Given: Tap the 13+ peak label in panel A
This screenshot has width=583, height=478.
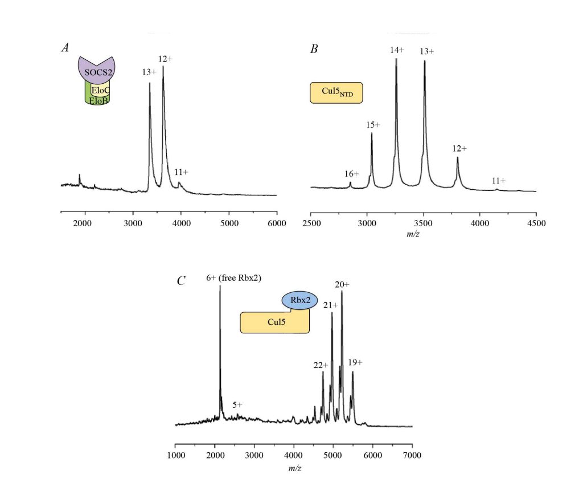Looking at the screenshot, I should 149,72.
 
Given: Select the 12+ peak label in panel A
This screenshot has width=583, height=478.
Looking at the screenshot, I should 166,59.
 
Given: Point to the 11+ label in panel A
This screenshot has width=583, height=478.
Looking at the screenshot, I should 181,171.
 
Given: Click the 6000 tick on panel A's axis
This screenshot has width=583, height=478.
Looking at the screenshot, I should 277,222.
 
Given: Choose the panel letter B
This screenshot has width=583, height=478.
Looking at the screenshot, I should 313,49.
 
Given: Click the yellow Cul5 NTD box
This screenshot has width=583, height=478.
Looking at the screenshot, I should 336,93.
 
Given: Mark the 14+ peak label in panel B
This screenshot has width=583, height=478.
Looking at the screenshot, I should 397,50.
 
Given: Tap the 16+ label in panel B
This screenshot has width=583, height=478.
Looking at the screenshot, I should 351,174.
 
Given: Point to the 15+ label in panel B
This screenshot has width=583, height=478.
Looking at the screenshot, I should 373,125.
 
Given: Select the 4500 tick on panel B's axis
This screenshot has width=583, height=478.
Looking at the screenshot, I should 536,223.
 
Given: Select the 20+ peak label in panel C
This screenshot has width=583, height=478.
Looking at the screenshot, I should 342,284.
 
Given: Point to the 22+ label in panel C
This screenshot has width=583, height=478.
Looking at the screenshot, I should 320,365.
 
